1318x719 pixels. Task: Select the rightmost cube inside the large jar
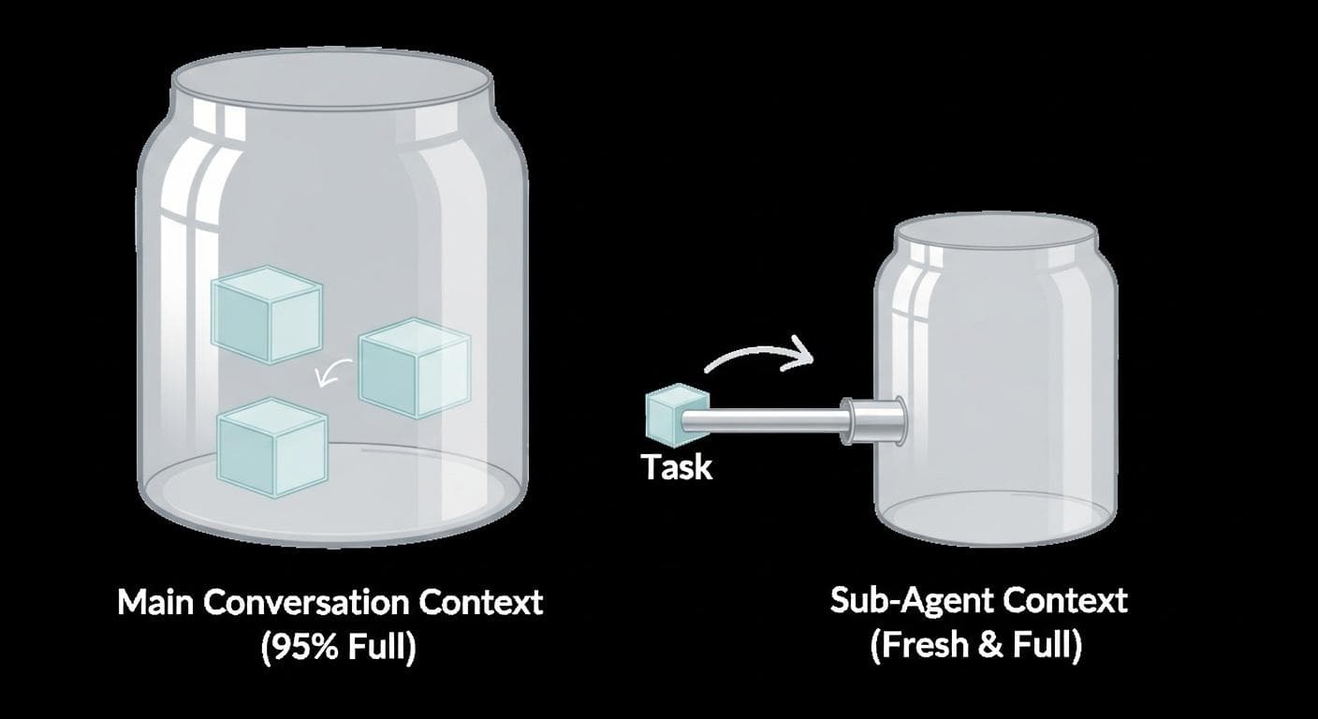(414, 368)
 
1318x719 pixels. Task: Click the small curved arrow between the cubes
(332, 373)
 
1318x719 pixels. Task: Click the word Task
(676, 466)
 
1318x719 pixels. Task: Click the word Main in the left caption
(156, 602)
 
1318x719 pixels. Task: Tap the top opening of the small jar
(996, 234)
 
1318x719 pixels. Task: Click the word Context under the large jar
(482, 602)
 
